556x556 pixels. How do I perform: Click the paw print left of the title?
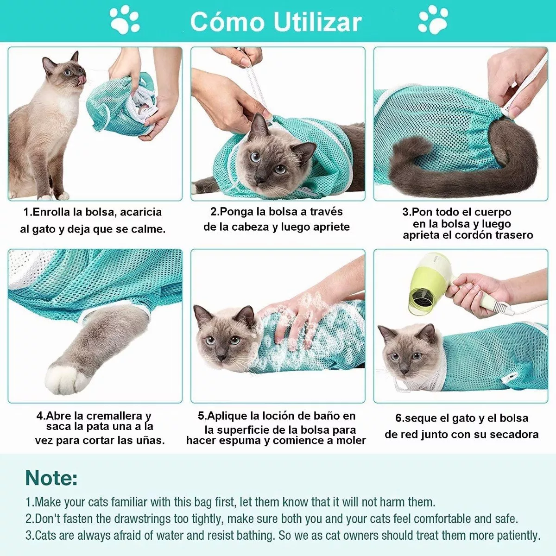(124, 19)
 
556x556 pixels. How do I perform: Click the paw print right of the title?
(433, 19)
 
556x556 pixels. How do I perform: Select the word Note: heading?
(51, 478)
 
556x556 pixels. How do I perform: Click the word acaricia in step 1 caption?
(141, 212)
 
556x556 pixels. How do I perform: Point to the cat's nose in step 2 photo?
(260, 178)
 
